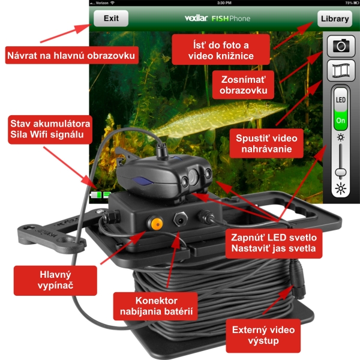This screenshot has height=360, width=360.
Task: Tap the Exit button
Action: pyautogui.click(x=111, y=18)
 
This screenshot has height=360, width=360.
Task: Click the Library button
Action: pyautogui.click(x=335, y=18)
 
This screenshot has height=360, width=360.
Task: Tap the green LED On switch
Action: pyautogui.click(x=341, y=119)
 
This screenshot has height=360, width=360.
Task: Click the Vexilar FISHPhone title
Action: pyautogui.click(x=217, y=18)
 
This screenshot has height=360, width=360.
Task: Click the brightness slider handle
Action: pyautogui.click(x=341, y=172)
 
